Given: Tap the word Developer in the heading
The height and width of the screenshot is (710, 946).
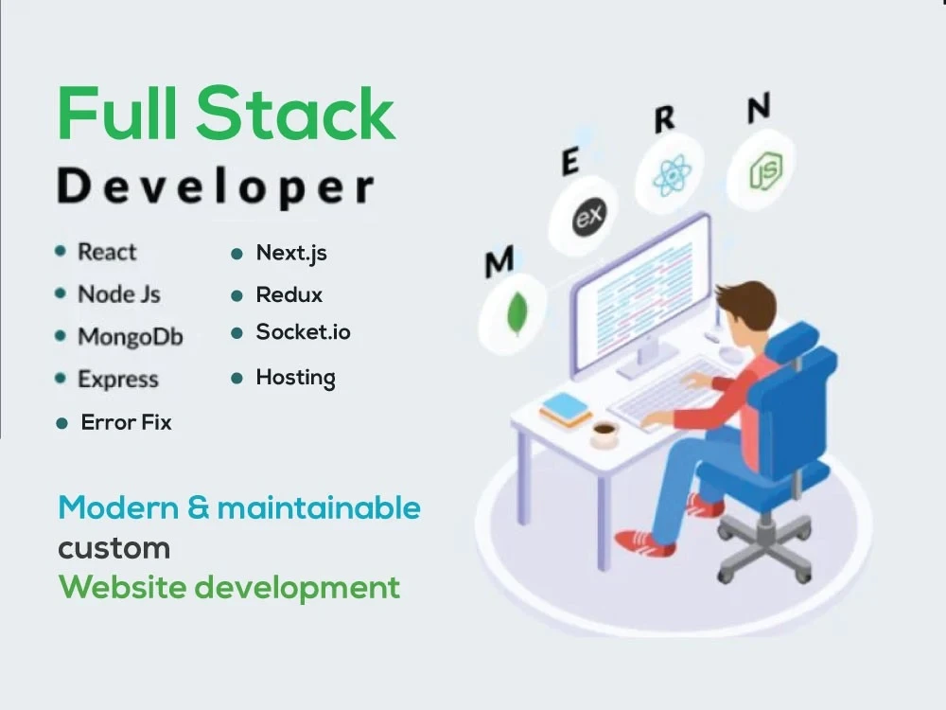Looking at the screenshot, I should click(x=216, y=186).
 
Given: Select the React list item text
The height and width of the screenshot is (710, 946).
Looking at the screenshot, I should click(x=107, y=252).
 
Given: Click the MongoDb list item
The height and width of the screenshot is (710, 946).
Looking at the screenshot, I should click(x=130, y=337).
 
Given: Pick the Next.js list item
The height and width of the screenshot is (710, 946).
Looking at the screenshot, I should click(x=291, y=253).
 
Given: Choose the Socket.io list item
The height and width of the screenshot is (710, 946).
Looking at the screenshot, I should click(x=303, y=332).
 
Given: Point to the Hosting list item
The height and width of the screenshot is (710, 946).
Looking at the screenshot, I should click(x=295, y=378).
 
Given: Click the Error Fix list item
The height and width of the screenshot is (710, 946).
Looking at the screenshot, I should click(x=126, y=422).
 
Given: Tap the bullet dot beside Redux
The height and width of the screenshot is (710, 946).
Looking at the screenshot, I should click(x=237, y=296).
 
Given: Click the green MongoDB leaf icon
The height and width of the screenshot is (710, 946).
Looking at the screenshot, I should click(x=517, y=313).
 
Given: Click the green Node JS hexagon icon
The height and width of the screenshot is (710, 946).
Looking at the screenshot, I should click(x=762, y=170).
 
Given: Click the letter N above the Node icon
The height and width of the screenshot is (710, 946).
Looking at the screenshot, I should click(x=758, y=109).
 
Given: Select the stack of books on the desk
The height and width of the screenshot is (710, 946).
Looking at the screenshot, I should click(x=566, y=409).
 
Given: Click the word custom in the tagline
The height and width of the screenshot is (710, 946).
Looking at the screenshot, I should click(x=114, y=548).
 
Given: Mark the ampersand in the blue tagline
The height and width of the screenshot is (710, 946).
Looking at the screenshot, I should click(x=199, y=508).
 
